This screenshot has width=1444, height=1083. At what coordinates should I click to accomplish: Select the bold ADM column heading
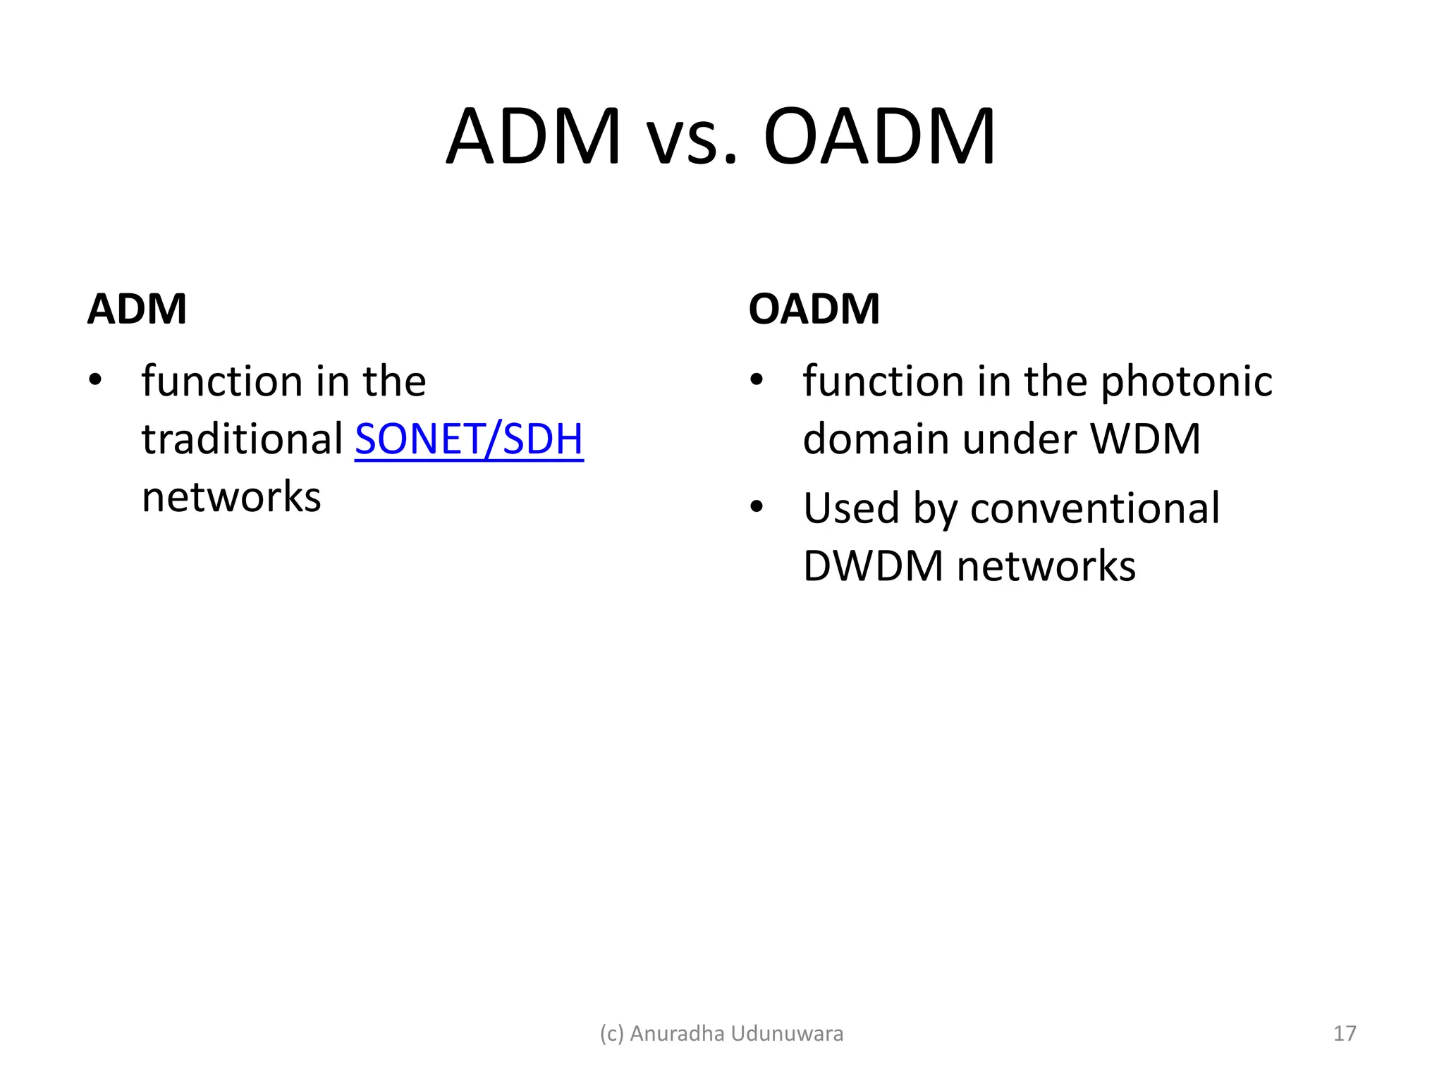(137, 309)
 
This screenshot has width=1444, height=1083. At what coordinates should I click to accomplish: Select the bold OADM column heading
(814, 309)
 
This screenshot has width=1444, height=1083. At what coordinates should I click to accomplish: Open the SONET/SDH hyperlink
(469, 439)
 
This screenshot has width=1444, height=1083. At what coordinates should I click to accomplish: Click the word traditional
(242, 439)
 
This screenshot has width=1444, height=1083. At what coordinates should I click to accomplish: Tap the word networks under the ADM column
(231, 496)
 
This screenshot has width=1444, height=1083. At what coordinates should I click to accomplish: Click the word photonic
(1186, 381)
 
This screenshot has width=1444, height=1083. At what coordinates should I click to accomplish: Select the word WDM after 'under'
(1145, 439)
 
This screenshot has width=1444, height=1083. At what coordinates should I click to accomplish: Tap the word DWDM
(873, 565)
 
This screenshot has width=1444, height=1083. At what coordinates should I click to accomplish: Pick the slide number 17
(1345, 1034)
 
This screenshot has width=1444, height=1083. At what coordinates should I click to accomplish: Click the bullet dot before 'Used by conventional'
(757, 508)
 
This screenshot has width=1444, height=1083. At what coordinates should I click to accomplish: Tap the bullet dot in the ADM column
(95, 381)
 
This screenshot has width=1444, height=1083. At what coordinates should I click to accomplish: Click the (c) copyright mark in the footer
(611, 1034)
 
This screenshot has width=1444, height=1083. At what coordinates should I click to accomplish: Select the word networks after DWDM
(1046, 565)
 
